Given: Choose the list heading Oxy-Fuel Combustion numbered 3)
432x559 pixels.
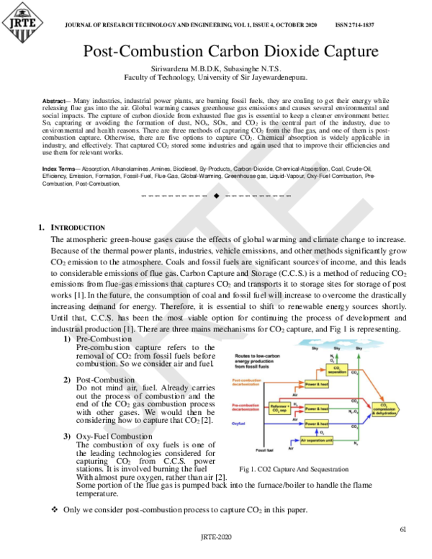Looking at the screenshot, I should [x=115, y=437].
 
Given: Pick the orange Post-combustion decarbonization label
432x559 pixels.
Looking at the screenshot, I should [x=248, y=381].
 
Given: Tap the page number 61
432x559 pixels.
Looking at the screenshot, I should [x=403, y=529].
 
